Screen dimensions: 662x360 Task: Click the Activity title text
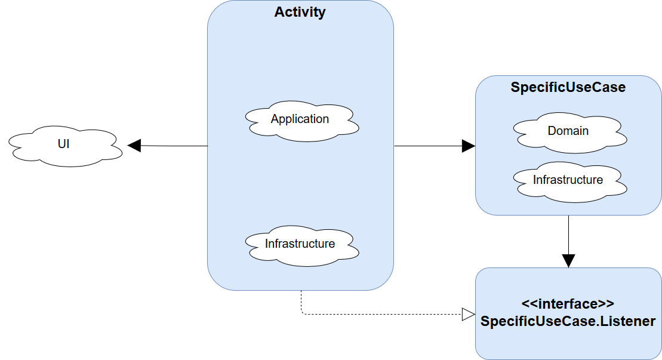point(300,12)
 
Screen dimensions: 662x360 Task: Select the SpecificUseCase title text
point(568,87)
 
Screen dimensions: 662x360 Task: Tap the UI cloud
point(66,146)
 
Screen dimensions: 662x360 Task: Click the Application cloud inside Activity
point(302,121)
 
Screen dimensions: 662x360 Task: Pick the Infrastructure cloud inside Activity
point(302,246)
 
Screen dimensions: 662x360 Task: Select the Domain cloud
point(570,133)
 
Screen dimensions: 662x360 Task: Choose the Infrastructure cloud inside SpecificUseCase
point(570,182)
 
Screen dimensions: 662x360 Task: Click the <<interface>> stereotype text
point(568,304)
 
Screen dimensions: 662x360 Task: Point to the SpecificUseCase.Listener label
point(568,321)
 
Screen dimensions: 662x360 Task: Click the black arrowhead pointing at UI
point(134,146)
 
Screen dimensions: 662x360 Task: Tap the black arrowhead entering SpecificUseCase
point(469,146)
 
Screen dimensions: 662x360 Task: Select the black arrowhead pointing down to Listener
point(569,261)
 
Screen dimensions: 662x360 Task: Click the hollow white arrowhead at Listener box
point(469,315)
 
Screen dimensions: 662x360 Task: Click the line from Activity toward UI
point(174,146)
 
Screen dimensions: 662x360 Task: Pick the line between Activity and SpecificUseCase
point(428,146)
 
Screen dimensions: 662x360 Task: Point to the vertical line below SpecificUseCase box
point(569,235)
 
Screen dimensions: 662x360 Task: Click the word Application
point(300,119)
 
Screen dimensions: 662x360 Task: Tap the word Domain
point(568,131)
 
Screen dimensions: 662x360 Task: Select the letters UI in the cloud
point(63,144)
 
